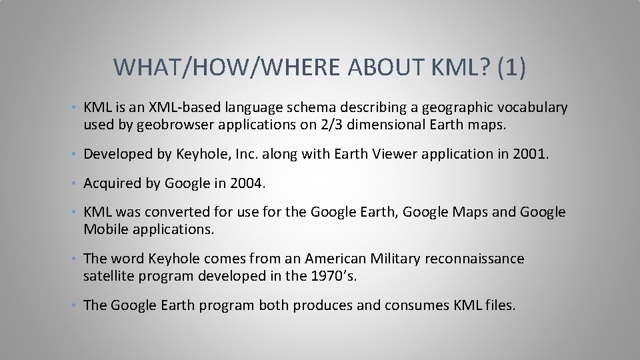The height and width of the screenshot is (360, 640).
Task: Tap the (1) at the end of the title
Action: coord(511,67)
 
